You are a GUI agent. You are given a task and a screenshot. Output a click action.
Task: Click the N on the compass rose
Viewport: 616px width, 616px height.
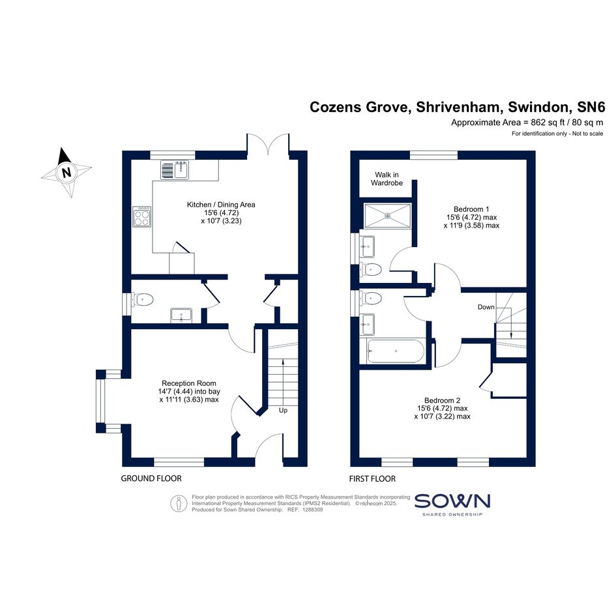click(66, 173)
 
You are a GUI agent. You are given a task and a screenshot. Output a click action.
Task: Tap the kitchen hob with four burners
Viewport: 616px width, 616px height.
click(142, 216)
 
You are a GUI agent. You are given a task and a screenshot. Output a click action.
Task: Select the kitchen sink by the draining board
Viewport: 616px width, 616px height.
click(181, 169)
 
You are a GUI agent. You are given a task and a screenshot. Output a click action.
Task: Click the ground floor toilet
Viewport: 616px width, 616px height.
click(142, 300)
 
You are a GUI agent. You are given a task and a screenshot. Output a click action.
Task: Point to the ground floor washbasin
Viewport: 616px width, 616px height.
click(181, 315)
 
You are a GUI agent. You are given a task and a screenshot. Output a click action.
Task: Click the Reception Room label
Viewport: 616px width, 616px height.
click(189, 383)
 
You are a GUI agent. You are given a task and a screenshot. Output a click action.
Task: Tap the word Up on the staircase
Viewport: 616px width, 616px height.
click(283, 411)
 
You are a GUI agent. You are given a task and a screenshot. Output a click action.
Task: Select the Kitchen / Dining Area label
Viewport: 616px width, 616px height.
click(221, 204)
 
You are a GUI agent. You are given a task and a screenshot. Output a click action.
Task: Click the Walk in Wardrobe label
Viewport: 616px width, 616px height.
click(387, 179)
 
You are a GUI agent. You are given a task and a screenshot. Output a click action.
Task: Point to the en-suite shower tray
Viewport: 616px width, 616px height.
click(388, 215)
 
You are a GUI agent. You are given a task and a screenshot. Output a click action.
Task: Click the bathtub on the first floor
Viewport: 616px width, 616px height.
click(395, 351)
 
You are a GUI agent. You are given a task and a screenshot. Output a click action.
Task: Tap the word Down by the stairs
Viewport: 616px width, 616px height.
click(486, 307)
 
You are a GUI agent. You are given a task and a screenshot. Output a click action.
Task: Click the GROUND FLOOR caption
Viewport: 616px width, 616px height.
click(151, 478)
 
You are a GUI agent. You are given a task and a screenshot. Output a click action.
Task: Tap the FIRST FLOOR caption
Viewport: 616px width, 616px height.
click(372, 478)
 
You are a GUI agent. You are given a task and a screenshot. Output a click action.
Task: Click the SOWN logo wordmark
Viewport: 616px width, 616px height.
click(452, 501)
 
